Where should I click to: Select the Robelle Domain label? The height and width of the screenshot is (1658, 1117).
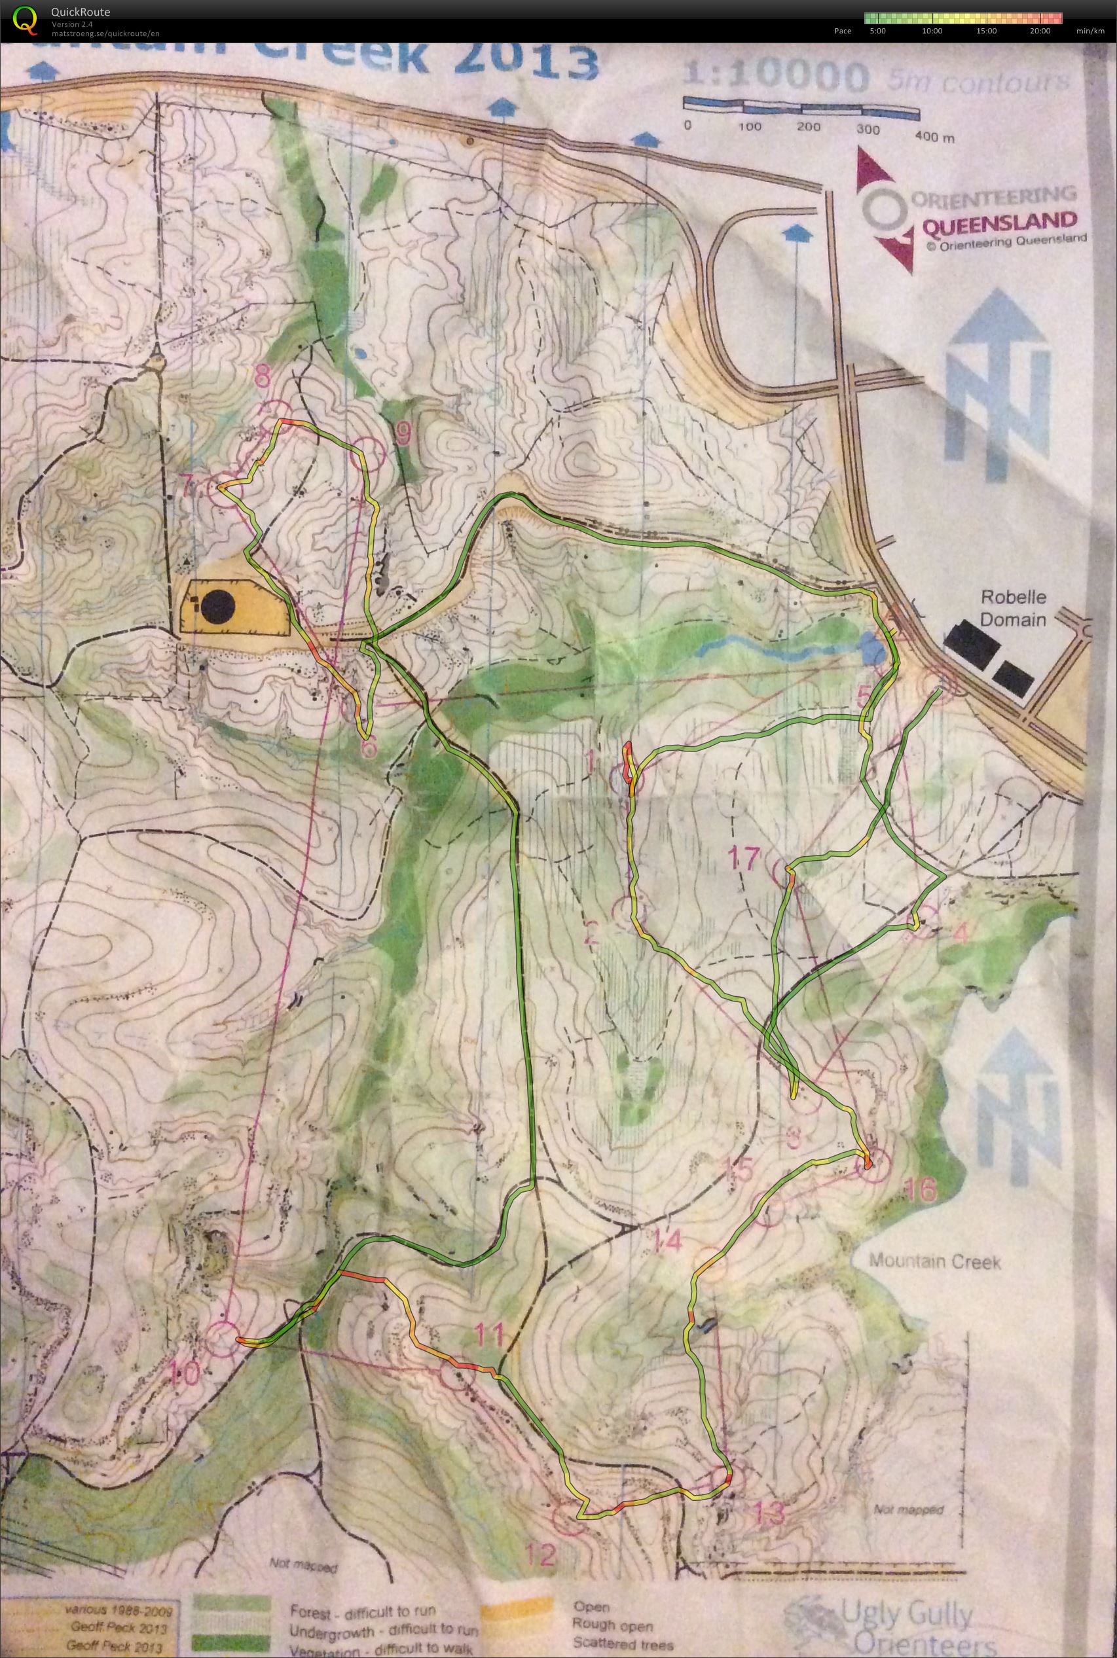[x=1012, y=608]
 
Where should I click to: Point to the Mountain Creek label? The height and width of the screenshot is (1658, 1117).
[x=934, y=1262]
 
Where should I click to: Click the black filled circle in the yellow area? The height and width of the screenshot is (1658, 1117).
[x=217, y=607]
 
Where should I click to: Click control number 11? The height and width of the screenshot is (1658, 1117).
[x=491, y=1333]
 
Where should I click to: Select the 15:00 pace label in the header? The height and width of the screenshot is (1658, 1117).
[x=986, y=31]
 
